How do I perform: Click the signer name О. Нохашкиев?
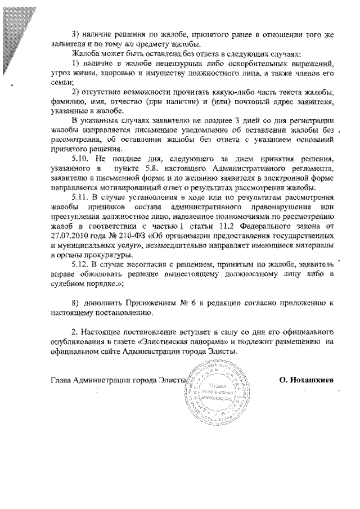point(306,380)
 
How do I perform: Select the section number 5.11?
point(82,197)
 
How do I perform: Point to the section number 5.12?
point(82,263)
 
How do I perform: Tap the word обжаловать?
point(92,273)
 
